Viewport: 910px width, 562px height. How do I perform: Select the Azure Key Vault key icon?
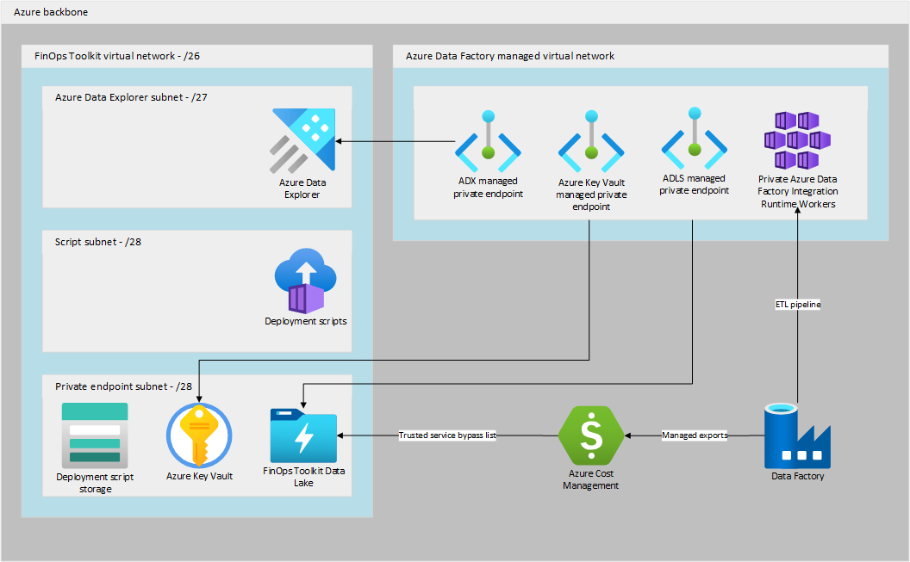(x=199, y=435)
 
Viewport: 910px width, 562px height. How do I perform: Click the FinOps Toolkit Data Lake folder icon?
(x=303, y=435)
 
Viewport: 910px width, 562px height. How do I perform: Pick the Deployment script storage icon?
(x=95, y=434)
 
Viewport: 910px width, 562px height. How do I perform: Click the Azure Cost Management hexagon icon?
(x=591, y=435)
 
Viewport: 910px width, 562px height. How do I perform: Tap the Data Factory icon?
(x=797, y=435)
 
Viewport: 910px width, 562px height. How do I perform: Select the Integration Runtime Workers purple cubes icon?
(x=797, y=140)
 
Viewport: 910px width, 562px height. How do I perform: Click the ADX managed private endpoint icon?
(x=488, y=141)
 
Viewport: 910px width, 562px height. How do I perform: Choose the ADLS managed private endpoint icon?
(x=695, y=141)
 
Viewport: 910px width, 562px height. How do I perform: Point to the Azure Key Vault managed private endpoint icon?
(x=591, y=141)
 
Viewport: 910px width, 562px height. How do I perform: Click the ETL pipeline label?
(x=797, y=304)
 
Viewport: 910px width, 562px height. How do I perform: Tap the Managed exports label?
(x=695, y=435)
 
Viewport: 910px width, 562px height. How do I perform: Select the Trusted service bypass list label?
(x=447, y=435)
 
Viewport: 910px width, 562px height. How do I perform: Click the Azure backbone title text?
(x=51, y=13)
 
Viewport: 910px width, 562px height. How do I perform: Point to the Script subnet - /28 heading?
(x=98, y=242)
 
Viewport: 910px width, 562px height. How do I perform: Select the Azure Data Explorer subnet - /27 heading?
(x=131, y=97)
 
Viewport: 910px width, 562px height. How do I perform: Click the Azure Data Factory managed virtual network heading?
(x=510, y=56)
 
